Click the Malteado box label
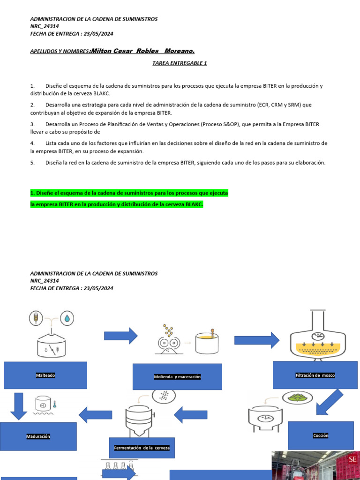(45, 375)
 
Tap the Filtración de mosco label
(315, 375)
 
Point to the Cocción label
(321, 435)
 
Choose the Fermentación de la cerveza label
(142, 448)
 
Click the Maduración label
(38, 436)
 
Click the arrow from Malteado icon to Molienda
(120, 336)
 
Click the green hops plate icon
(296, 398)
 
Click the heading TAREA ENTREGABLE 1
(180, 63)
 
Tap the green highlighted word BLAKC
(194, 204)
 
